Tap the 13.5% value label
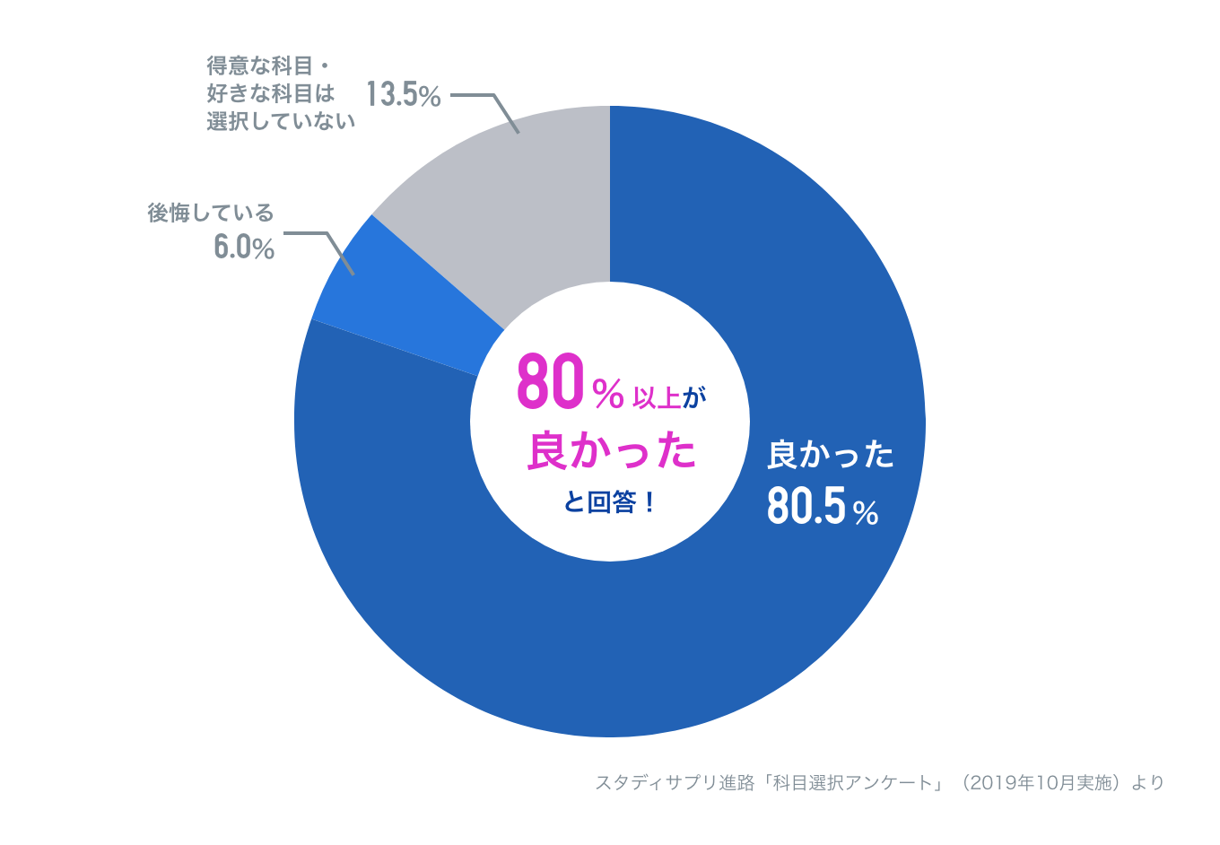pyautogui.click(x=403, y=94)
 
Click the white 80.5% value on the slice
pyautogui.click(x=822, y=507)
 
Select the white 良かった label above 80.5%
pyautogui.click(x=831, y=456)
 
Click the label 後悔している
pyautogui.click(x=211, y=213)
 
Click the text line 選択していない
pyautogui.click(x=281, y=120)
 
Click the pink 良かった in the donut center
pyautogui.click(x=611, y=450)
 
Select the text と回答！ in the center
pyautogui.click(x=611, y=502)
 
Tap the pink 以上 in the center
pyautogui.click(x=658, y=396)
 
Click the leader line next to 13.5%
pyautogui.click(x=489, y=106)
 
